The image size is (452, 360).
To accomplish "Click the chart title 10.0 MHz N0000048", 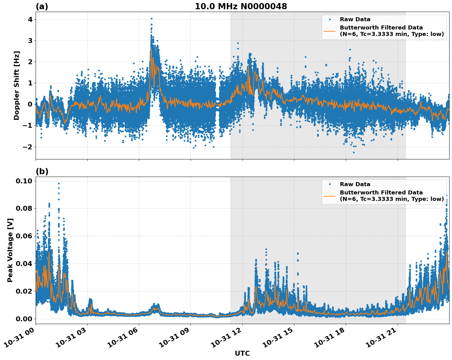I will tap(241, 6).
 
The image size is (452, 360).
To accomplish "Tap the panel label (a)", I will tap(42, 6).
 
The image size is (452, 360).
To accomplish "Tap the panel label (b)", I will tap(42, 171).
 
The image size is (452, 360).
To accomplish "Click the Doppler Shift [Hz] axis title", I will tap(17, 85).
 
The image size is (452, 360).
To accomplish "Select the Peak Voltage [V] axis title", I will tap(10, 250).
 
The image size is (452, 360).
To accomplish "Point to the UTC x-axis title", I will tap(242, 353).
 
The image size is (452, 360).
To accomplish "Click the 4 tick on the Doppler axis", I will tap(30, 19).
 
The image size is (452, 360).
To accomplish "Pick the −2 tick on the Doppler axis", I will tap(28, 147).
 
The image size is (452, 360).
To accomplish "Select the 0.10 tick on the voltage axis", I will tap(24, 181).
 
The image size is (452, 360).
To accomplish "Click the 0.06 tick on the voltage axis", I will tap(24, 236).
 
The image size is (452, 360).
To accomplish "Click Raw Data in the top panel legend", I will tap(355, 19).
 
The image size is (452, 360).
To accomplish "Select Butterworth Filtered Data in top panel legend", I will tap(381, 28).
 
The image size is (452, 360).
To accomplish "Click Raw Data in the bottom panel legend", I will tap(355, 184).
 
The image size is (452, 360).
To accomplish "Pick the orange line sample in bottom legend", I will tap(330, 196).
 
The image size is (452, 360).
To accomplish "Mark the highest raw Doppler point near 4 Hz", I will tap(151, 18).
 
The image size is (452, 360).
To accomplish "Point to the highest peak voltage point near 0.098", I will tap(59, 183).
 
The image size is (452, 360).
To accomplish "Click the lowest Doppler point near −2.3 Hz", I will tap(354, 152).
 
